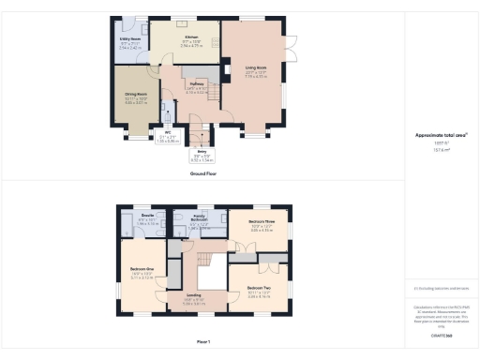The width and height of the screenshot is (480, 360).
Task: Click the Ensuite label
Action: click(x=148, y=221)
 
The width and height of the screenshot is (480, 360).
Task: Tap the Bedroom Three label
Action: click(x=262, y=225)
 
